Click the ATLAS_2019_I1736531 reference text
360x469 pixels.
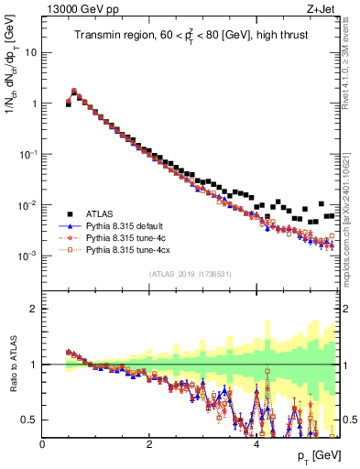[x=190, y=274]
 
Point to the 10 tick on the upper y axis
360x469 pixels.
[x=31, y=52]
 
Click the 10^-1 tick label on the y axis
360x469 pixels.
[x=27, y=154]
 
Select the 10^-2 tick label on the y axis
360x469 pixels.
[x=27, y=204]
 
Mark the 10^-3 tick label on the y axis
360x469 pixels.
[x=27, y=256]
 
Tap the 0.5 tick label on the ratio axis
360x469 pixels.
[x=31, y=420]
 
